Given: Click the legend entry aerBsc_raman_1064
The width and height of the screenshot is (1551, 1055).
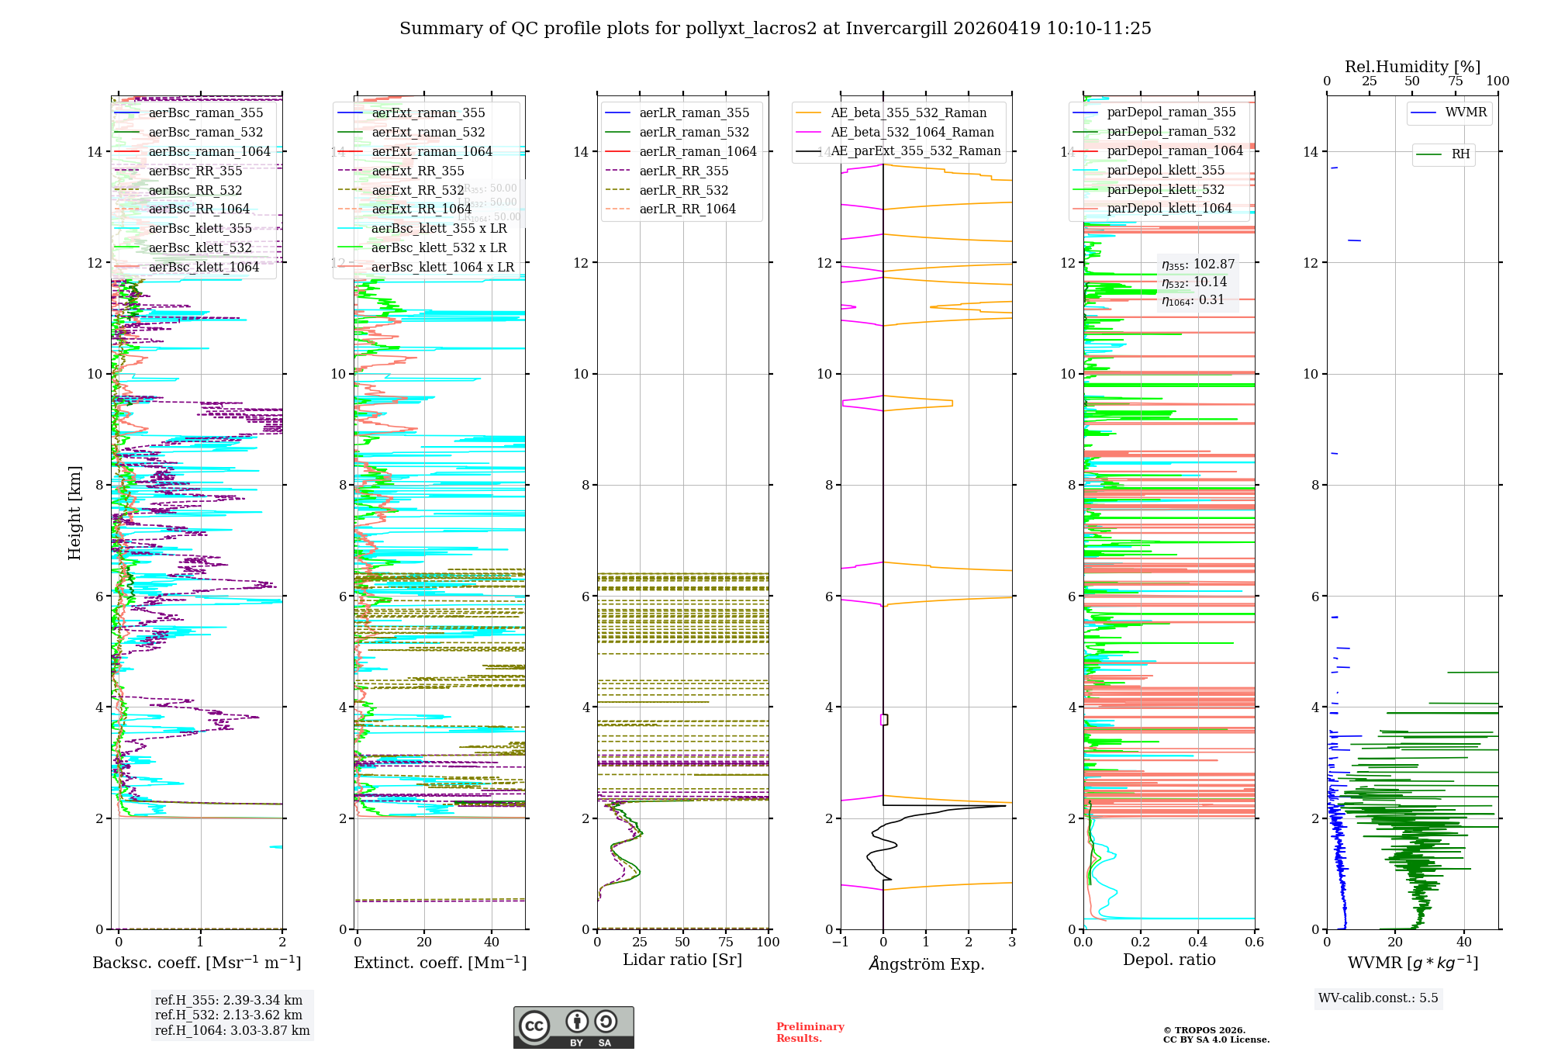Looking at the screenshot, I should click(209, 151).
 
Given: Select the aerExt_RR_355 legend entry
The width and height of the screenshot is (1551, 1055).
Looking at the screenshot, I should click(418, 171).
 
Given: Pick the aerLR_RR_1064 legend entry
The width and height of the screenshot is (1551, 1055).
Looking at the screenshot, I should click(687, 209).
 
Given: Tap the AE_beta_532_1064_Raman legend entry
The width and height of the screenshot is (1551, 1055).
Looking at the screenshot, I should click(912, 132).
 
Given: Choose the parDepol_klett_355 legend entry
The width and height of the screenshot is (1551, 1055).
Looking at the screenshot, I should click(1166, 170).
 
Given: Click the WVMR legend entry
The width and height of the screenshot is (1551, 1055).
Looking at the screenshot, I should click(1466, 112).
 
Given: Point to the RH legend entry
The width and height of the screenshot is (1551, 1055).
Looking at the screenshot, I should click(1460, 154).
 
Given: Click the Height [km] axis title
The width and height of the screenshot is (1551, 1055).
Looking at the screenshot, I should click(74, 513).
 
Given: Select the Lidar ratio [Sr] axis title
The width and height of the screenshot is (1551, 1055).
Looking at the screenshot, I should click(682, 960).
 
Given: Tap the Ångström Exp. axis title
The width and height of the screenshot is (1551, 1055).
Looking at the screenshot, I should click(926, 964).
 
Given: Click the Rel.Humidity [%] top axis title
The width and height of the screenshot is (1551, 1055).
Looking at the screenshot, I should click(1412, 67).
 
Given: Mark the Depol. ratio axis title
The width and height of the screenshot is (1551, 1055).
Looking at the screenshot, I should click(1169, 960).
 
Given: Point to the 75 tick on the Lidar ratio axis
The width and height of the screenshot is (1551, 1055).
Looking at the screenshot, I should click(726, 942).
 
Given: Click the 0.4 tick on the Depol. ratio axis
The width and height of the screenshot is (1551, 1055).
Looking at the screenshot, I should click(1197, 942).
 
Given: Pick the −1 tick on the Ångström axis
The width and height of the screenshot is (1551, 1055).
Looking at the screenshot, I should click(840, 942).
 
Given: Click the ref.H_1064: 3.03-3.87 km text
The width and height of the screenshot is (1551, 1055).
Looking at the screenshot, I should click(232, 1030).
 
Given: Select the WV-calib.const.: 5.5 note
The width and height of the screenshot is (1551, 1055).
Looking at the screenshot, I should click(1378, 998).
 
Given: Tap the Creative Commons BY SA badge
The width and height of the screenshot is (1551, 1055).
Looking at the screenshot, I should click(573, 1027).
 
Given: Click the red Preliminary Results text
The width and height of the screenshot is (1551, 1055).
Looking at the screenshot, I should click(810, 1033).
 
